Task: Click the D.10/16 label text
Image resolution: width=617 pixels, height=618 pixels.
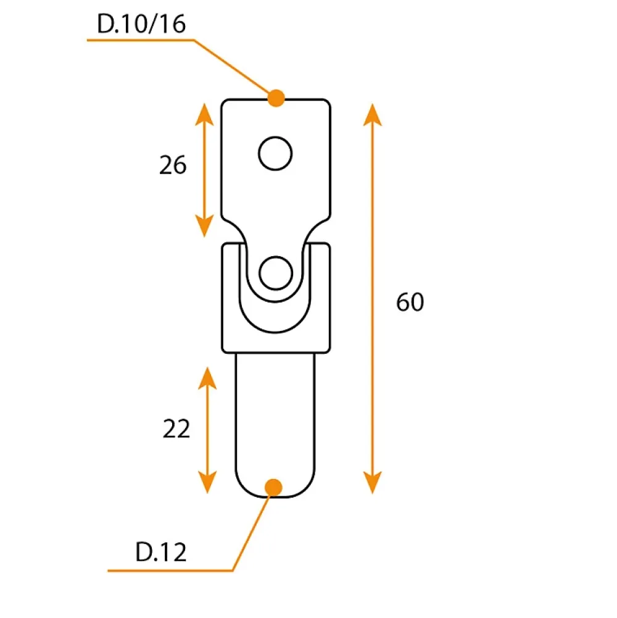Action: click(141, 23)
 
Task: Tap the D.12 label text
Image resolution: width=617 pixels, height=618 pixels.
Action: click(160, 552)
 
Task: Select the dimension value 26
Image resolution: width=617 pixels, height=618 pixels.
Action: click(173, 165)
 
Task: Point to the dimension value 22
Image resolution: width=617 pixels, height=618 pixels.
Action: click(176, 429)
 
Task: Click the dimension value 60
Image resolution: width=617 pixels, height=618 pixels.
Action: click(410, 303)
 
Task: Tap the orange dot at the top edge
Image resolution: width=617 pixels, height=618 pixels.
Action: click(276, 98)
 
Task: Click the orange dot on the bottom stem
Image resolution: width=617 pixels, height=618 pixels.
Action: click(273, 488)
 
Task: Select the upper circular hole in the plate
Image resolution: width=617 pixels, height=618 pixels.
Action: click(275, 153)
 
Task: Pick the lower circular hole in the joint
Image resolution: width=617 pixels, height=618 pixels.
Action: click(276, 273)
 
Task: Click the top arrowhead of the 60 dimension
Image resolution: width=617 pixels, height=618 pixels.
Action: click(372, 114)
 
